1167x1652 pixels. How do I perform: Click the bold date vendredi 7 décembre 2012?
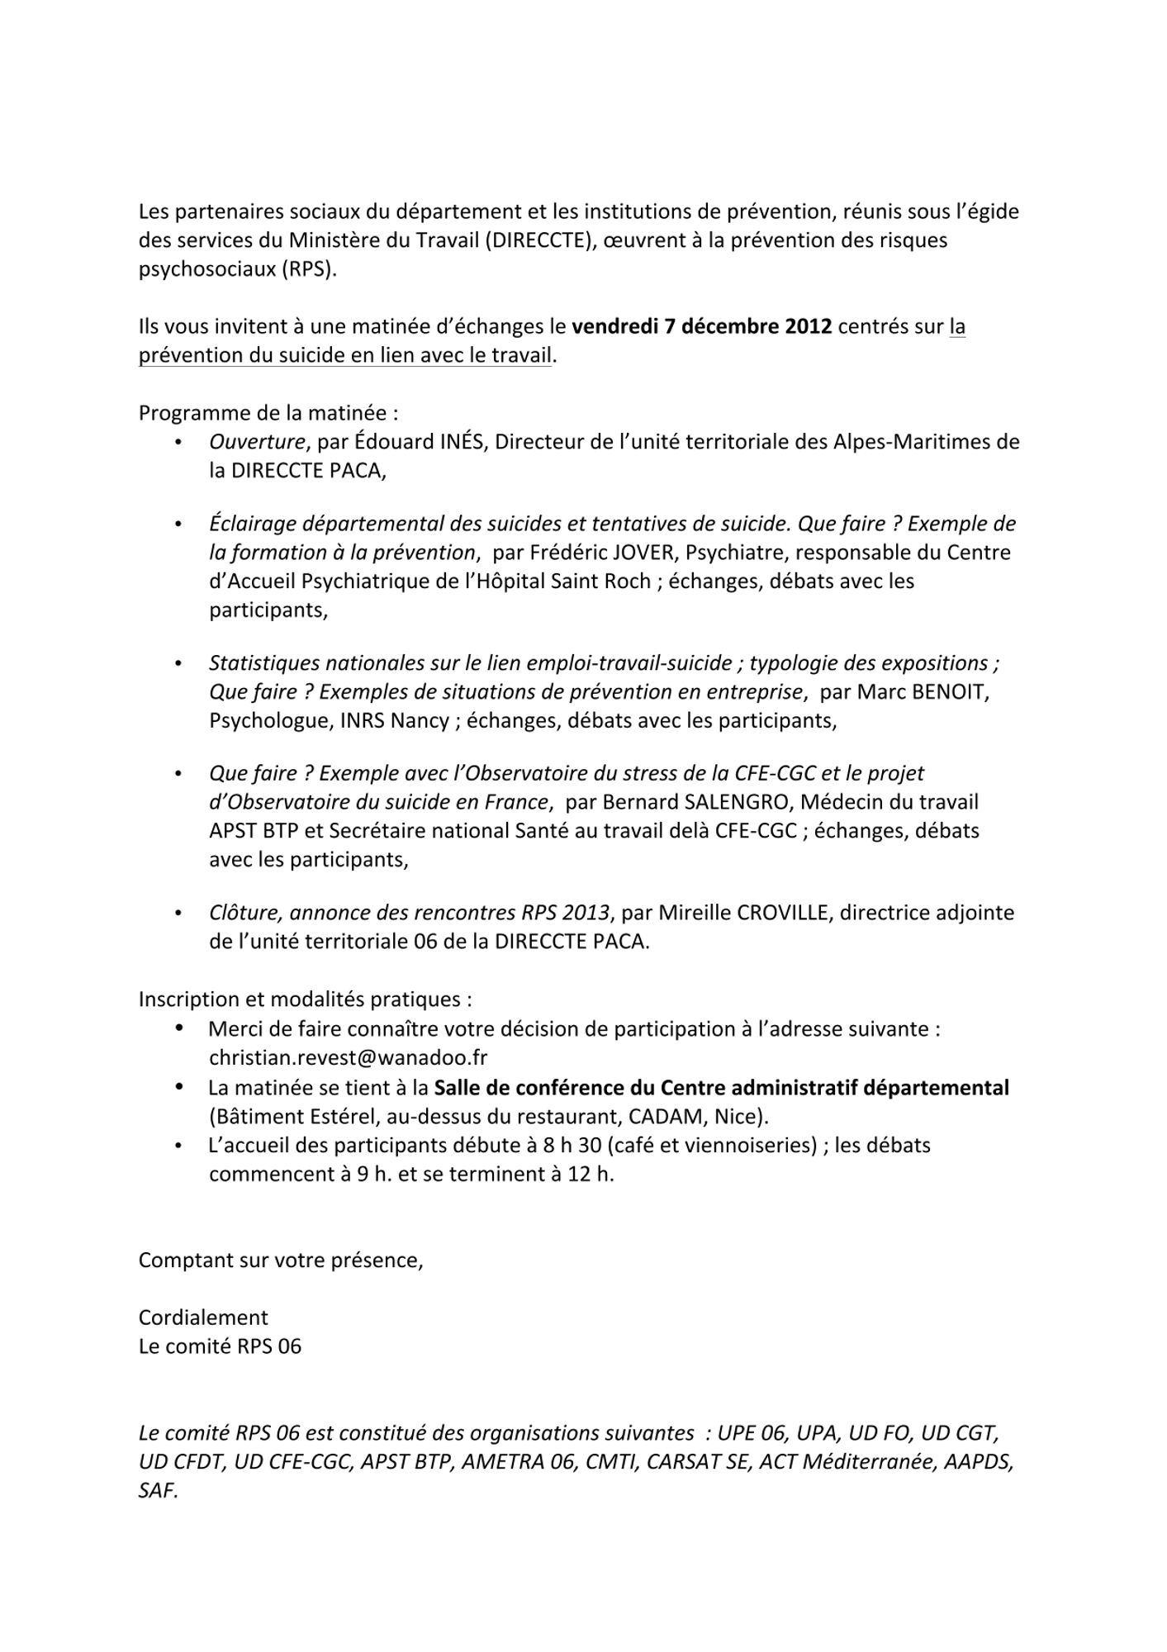tap(701, 327)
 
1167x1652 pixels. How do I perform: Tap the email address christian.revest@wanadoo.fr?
tap(348, 1058)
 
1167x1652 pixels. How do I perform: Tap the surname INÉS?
tap(458, 442)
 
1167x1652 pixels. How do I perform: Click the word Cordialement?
tap(203, 1317)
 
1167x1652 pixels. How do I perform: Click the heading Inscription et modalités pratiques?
tap(305, 999)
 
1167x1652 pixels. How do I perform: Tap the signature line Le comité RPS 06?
tap(220, 1346)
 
